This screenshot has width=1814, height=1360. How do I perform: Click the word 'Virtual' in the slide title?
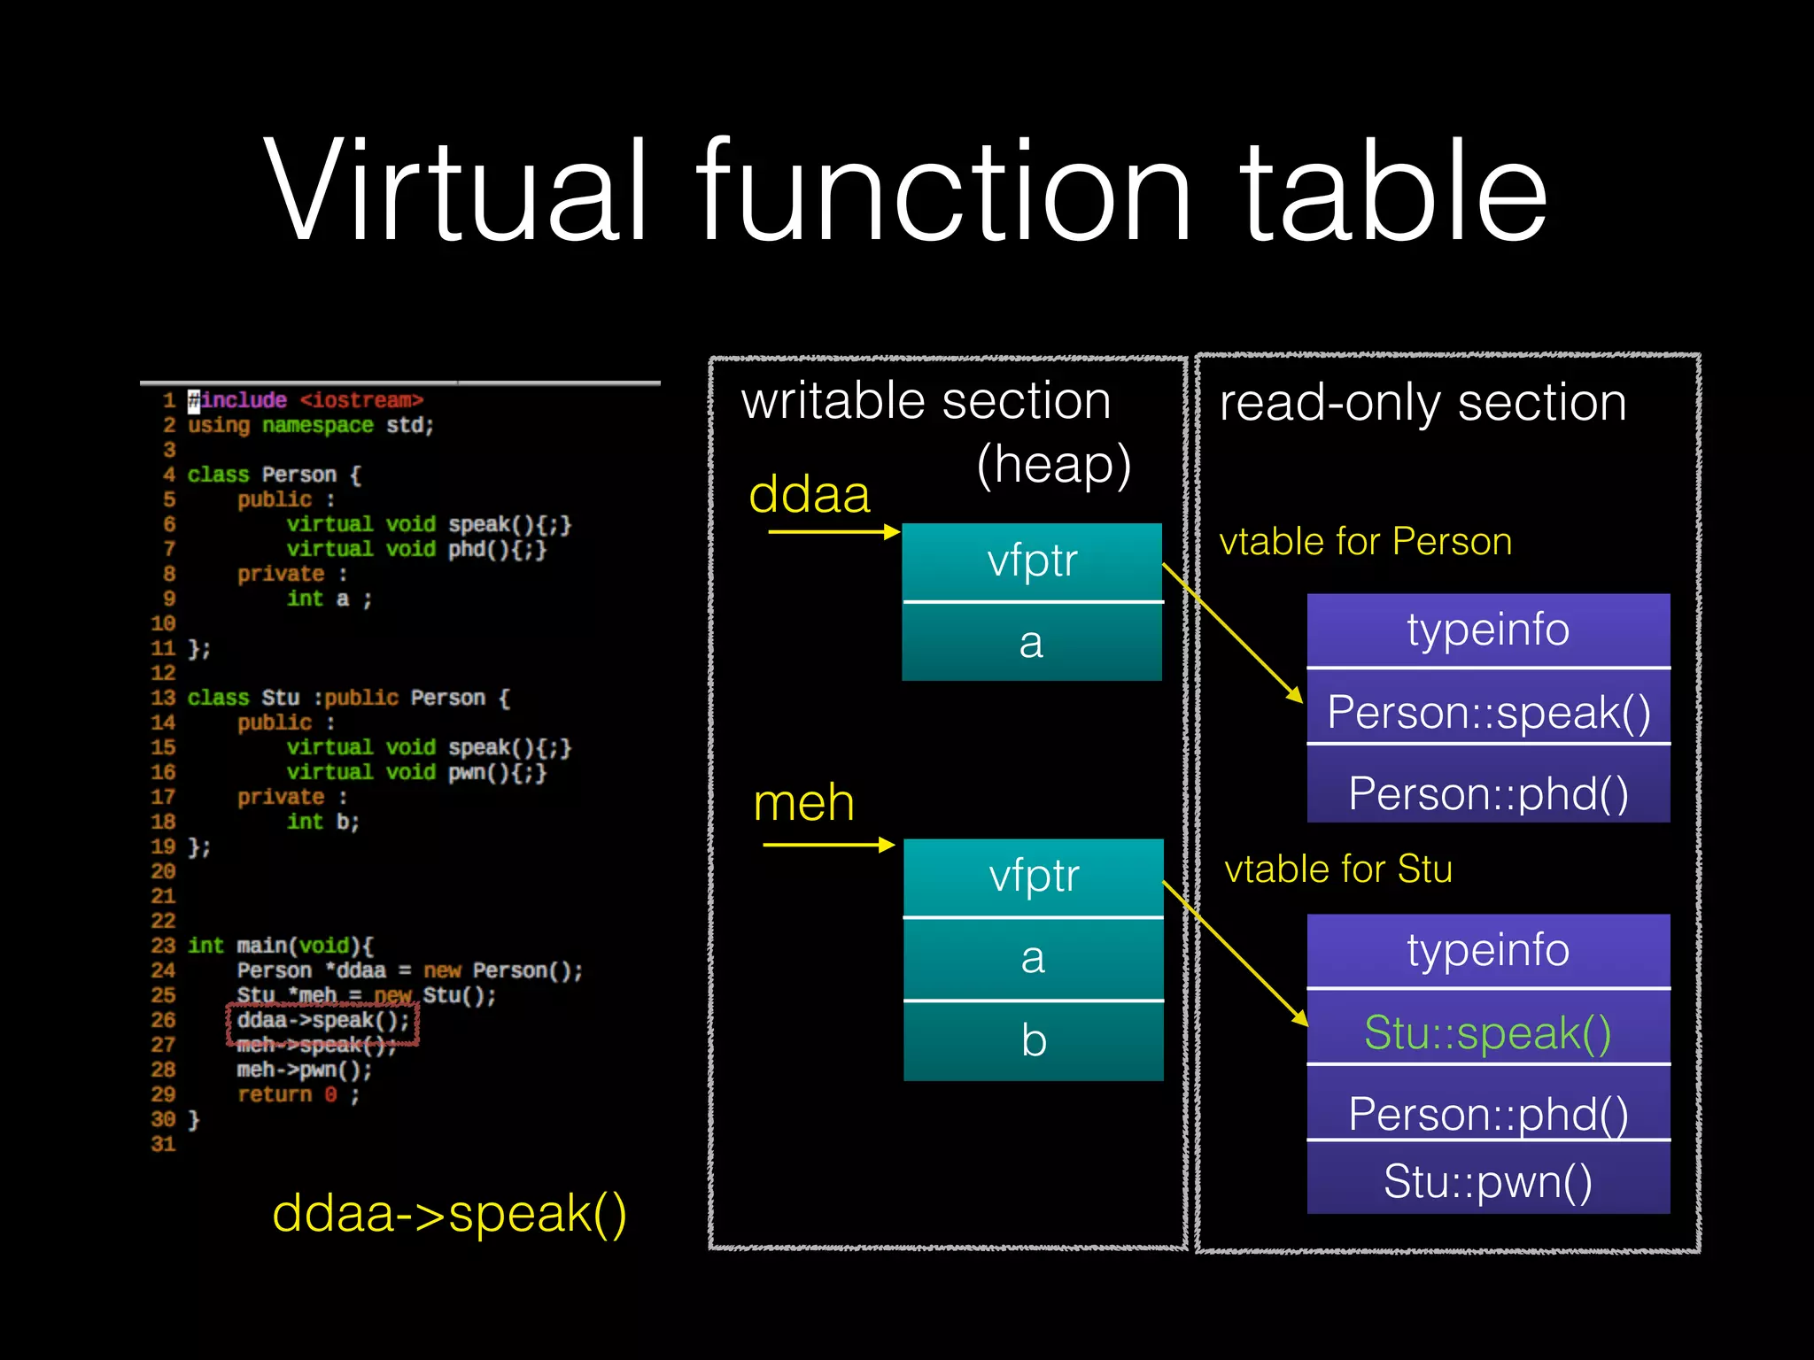456,190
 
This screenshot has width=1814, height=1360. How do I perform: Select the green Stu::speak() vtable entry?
1488,1032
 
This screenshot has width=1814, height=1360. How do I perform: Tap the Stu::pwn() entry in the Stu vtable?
1488,1180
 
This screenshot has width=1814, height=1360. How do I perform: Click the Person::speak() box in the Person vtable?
1488,711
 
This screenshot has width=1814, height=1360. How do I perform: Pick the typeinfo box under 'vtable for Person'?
1488,630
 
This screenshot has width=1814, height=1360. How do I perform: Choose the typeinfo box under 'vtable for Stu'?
1488,950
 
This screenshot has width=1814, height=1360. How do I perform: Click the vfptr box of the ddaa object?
1032,561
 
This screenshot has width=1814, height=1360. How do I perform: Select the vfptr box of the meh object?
1034,877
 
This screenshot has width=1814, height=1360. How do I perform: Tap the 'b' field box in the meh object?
1034,1040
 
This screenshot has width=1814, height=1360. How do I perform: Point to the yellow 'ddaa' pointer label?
810,494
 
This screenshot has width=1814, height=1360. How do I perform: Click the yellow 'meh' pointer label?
803,803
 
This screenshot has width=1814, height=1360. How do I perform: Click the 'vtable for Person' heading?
1365,542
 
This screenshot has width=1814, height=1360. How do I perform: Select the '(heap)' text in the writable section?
1053,464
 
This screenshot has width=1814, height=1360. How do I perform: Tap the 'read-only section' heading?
1423,403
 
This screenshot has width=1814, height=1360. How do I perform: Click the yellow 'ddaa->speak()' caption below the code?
449,1213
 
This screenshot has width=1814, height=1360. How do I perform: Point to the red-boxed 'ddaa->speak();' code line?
322,1021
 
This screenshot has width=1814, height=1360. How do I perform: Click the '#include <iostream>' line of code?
306,400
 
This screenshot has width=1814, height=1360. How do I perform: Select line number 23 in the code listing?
163,946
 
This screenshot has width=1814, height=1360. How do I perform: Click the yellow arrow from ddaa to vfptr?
833,532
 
